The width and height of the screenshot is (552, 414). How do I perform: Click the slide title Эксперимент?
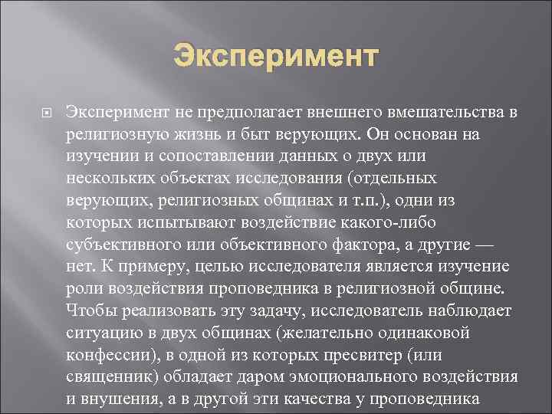coord(276,56)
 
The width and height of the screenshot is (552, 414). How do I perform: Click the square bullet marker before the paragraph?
coord(46,113)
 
